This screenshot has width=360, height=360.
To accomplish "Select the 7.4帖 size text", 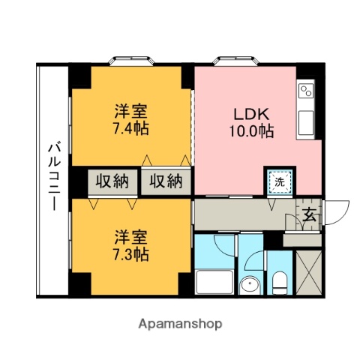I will (130, 128).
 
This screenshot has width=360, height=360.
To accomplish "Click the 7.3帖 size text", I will (130, 253).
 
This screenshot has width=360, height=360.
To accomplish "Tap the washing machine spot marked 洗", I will (279, 181).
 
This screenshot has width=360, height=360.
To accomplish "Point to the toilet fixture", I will (278, 283).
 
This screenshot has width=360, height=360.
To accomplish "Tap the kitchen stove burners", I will (306, 92).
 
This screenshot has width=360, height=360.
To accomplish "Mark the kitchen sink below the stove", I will (306, 118).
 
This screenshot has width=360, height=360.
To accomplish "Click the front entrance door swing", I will (334, 209).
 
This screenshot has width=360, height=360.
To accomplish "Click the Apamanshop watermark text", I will (180, 324).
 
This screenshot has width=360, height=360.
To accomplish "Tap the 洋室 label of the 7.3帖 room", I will (130, 236).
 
